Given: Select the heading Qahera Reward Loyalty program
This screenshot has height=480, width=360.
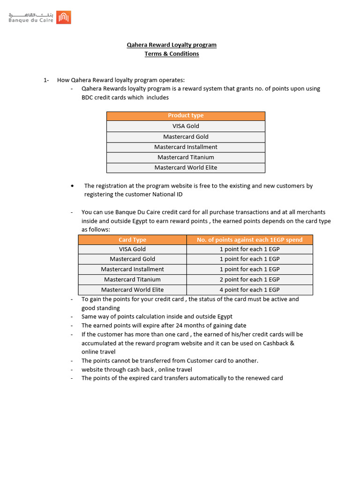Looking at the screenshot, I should tap(172, 45).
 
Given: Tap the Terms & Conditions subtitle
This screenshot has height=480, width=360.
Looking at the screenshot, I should tap(172, 54).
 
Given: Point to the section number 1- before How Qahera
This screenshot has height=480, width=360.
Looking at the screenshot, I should tap(46, 80).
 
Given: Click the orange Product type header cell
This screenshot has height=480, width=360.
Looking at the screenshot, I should tap(186, 116).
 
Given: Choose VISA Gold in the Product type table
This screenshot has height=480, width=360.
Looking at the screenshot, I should tap(186, 126).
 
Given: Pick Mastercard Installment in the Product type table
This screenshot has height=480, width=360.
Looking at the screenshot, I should tap(186, 147).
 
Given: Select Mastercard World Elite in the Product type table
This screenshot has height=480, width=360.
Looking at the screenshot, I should tap(186, 167).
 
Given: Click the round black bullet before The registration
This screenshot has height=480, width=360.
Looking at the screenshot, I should tap(72, 186).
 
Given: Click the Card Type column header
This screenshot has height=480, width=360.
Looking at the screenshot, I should tap(132, 240).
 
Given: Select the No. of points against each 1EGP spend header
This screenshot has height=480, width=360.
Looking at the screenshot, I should tap(249, 240).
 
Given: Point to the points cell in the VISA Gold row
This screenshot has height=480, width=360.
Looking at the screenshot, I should tap(249, 249).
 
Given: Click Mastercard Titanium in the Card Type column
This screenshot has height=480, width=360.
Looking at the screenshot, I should tap(132, 279).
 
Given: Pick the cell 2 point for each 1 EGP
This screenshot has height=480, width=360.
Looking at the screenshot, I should tap(249, 279).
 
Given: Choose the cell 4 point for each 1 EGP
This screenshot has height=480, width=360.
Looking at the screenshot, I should tap(249, 290).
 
